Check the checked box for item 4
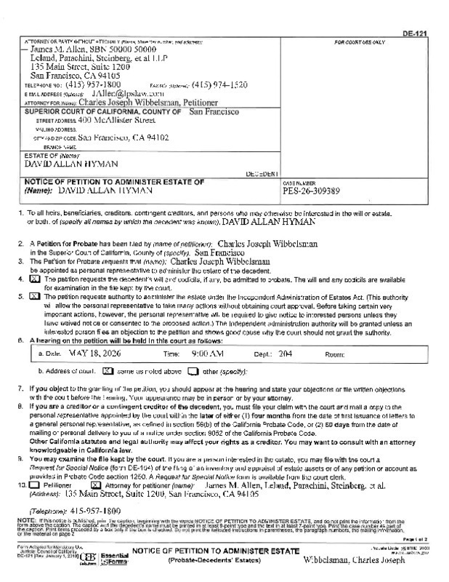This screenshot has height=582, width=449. point(33,279)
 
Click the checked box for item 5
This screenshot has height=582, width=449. point(33,297)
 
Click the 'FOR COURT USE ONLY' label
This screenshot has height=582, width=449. point(359,43)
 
